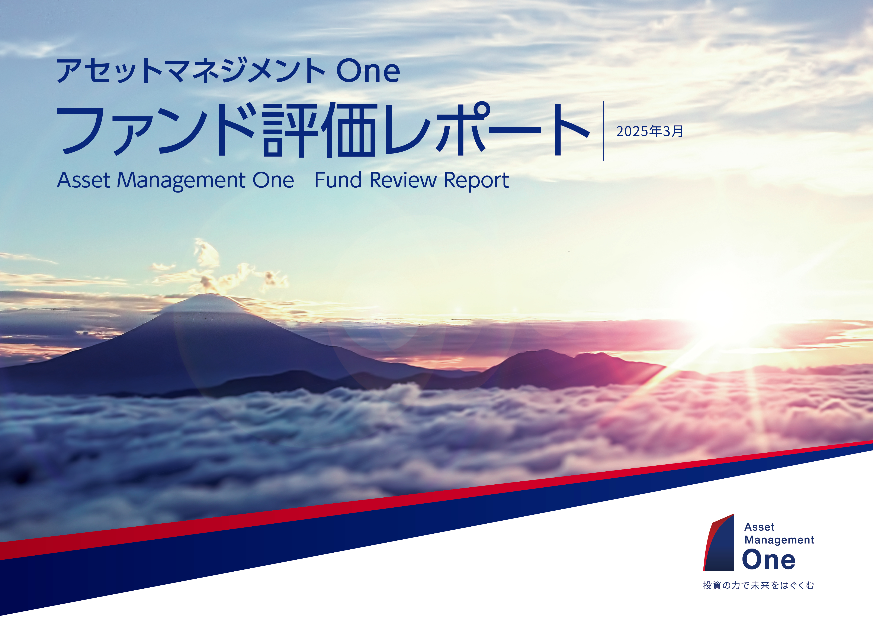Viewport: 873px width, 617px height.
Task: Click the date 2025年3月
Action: coord(649,132)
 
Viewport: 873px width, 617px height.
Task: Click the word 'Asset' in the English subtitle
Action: coord(84,180)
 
